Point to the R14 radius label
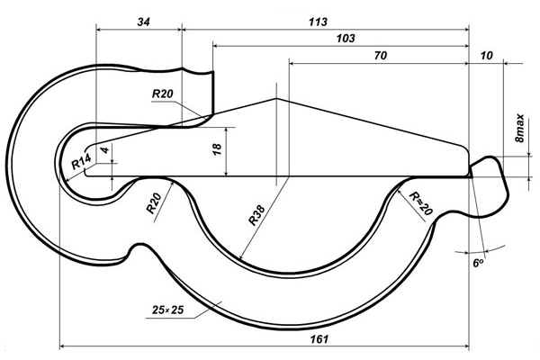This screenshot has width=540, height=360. (x=81, y=163)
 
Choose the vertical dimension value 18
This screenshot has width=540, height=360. (x=217, y=148)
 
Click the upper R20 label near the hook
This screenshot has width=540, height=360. (x=163, y=94)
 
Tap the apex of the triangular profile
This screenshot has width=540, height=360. (x=275, y=97)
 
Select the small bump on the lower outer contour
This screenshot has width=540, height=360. (x=138, y=247)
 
